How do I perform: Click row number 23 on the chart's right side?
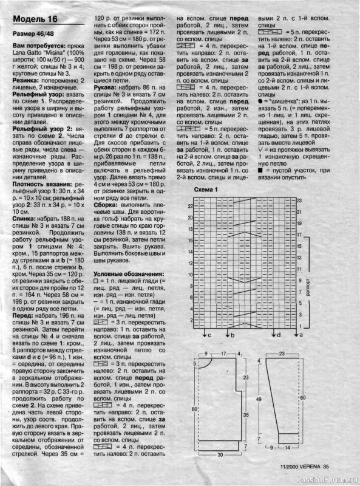(299, 200)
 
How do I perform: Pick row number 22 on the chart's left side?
(190, 207)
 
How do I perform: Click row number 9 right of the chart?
(299, 280)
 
